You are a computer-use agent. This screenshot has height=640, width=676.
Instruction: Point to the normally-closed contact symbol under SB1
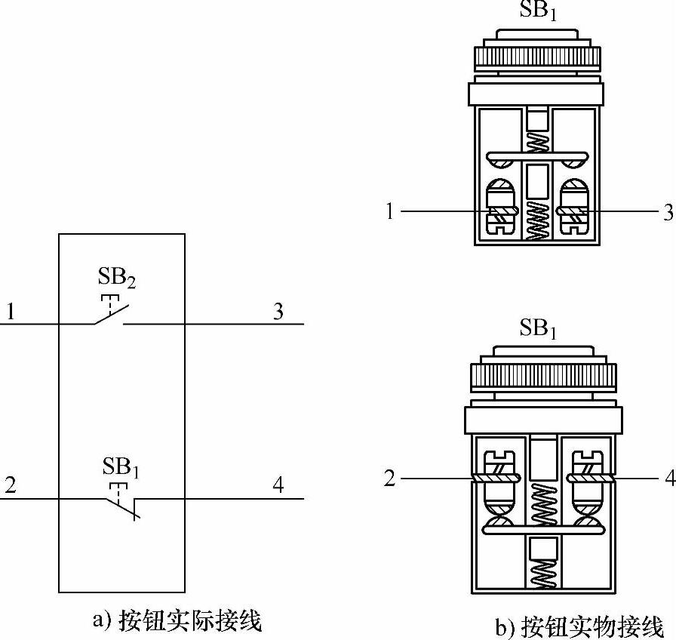tap(121, 506)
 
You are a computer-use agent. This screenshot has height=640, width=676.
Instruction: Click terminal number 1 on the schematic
tap(11, 311)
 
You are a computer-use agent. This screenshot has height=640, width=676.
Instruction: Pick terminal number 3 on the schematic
tap(278, 311)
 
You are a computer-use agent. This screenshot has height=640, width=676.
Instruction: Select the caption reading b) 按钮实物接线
tap(579, 626)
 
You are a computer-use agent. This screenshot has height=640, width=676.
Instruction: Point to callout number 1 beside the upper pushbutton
tap(389, 212)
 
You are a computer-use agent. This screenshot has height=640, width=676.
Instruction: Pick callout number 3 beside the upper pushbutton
tap(667, 212)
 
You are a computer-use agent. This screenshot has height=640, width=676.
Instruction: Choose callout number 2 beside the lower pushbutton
tap(389, 478)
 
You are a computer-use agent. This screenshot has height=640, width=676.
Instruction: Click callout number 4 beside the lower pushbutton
tap(668, 478)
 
